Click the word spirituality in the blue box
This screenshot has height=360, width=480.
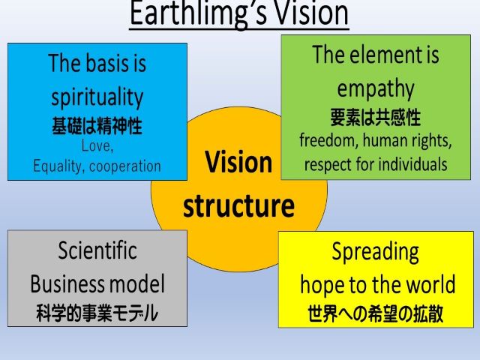coord(97,97)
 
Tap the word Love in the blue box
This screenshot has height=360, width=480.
coord(96,145)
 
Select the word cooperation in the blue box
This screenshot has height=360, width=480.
coord(125,166)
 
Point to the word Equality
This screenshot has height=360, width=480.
coord(57,166)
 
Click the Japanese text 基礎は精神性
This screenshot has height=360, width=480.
coord(97,125)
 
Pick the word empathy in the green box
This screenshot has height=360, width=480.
coord(376,88)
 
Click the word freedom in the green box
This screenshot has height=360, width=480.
coord(327,140)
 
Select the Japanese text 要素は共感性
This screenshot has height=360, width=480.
coord(375,117)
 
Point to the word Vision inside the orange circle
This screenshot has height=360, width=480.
coord(238,161)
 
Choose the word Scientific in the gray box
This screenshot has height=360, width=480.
coord(97,250)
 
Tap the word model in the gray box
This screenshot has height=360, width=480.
coord(137,283)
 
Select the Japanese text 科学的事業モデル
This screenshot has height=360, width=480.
coord(97,313)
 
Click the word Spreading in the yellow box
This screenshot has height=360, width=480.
coord(375,253)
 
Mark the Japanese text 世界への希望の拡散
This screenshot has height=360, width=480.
coord(375,313)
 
